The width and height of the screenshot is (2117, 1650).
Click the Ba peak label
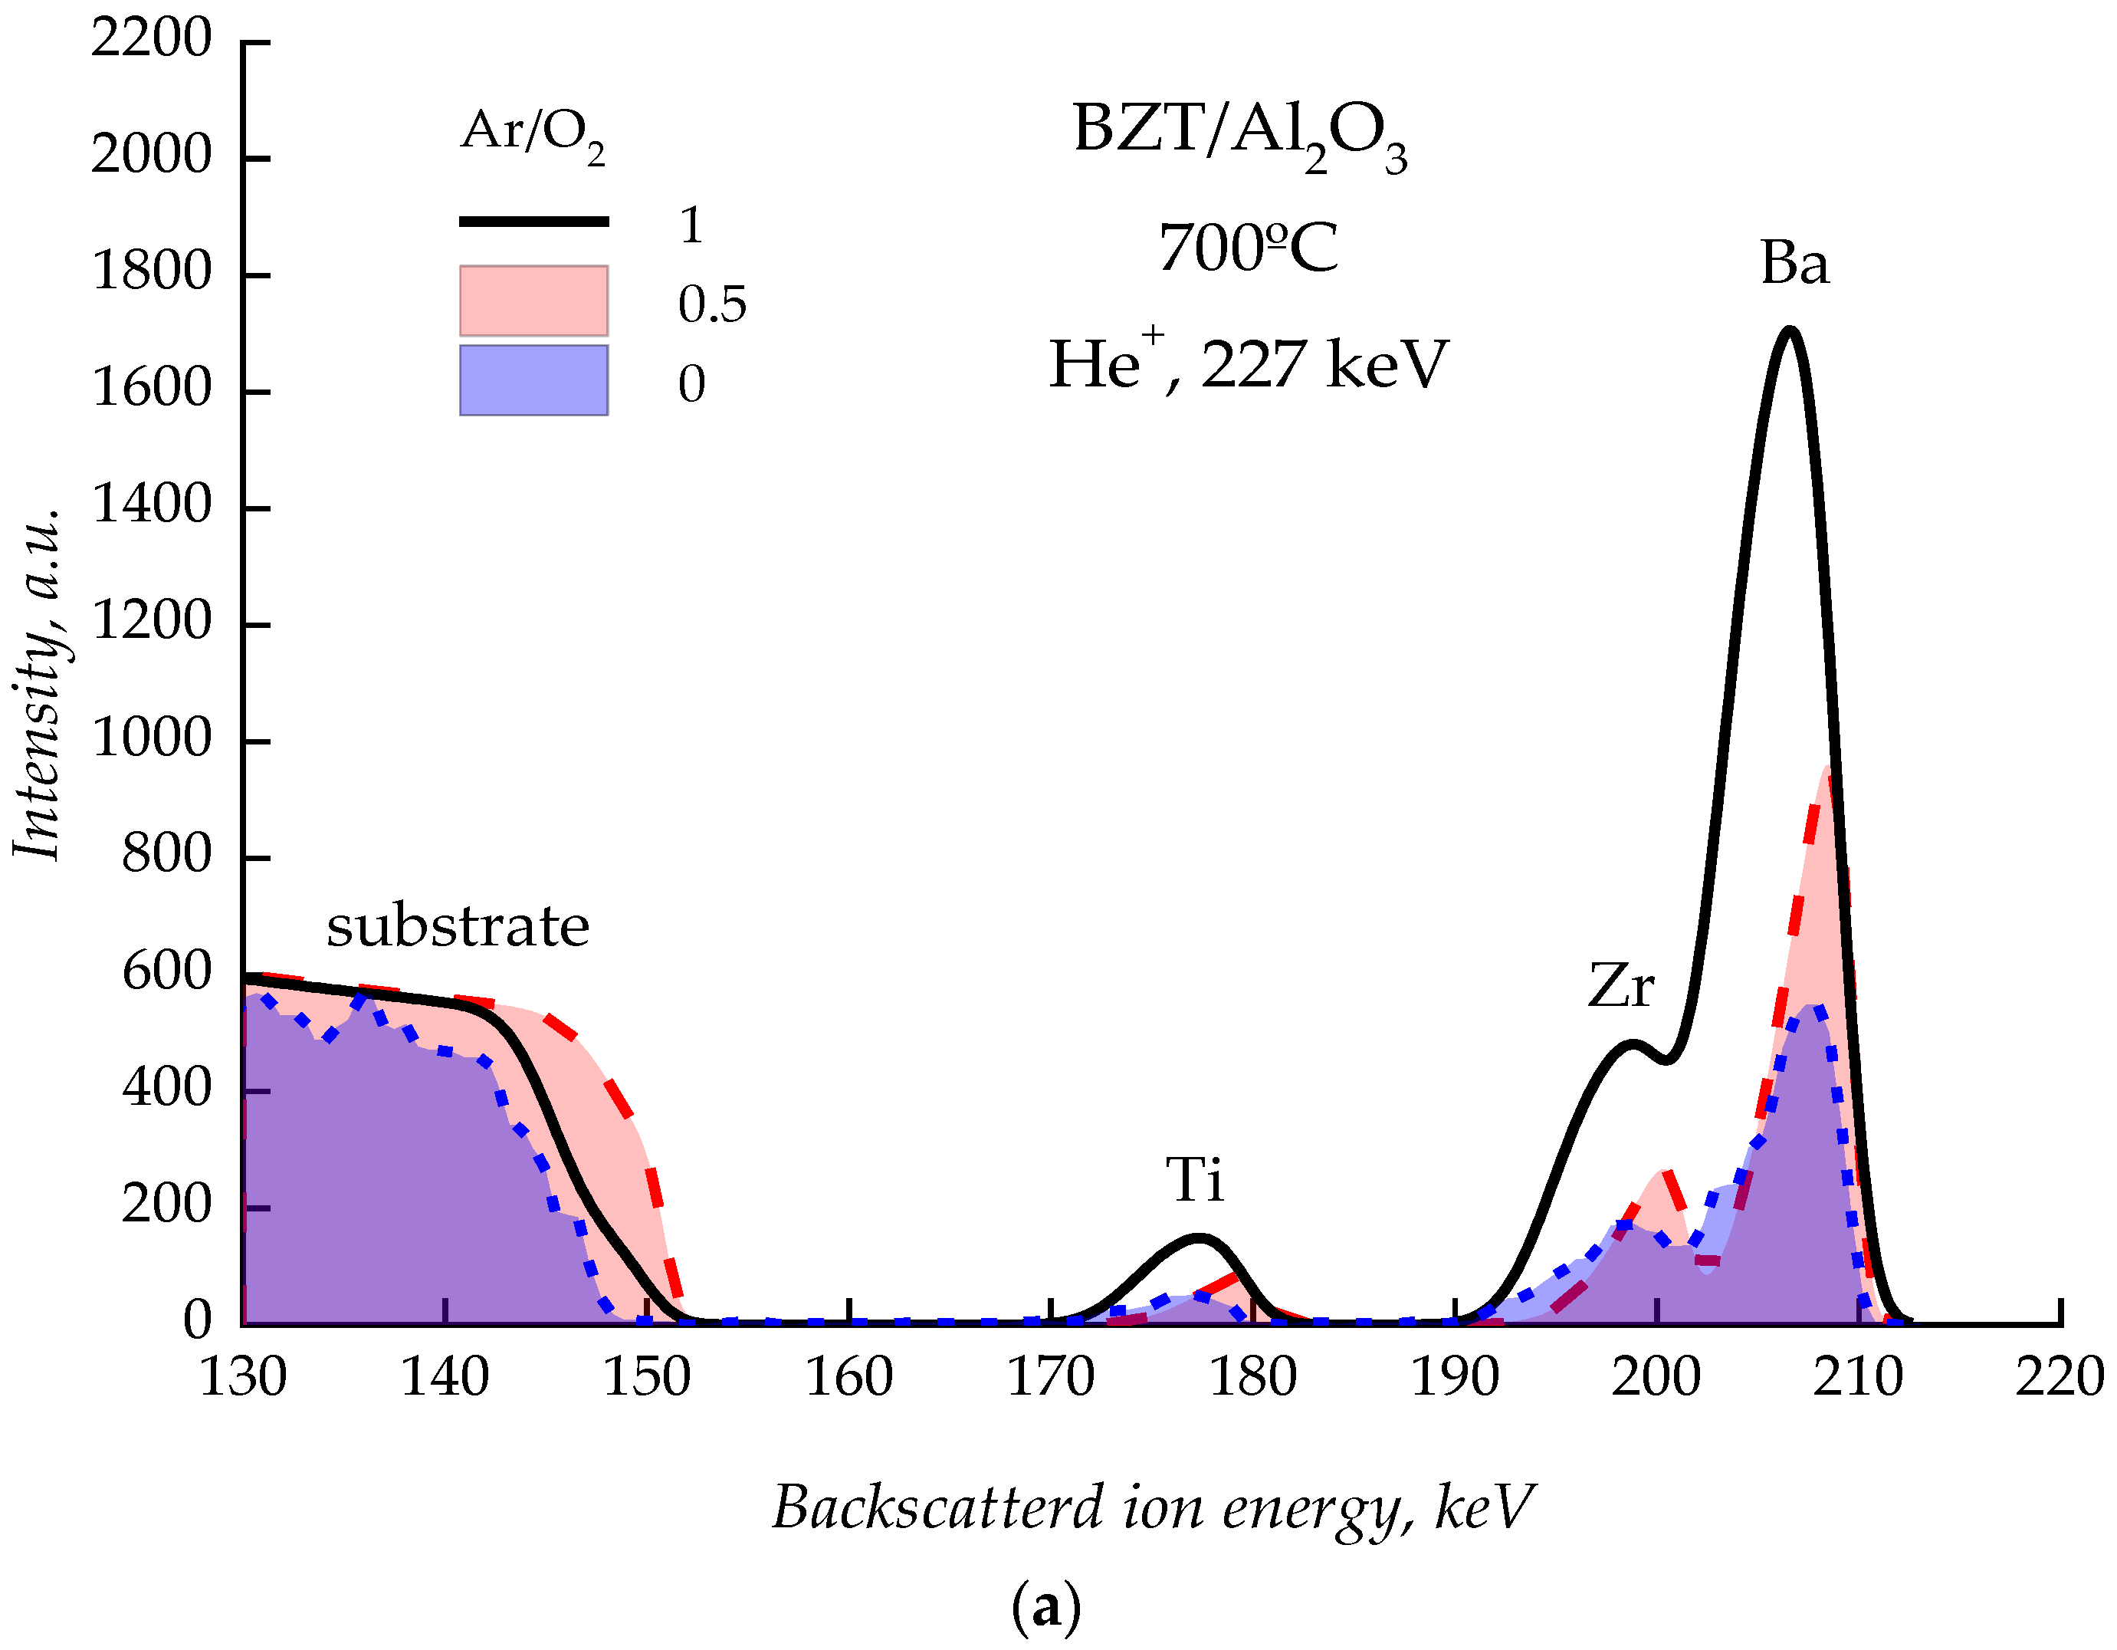[1794, 264]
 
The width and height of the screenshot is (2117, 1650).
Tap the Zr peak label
[1620, 987]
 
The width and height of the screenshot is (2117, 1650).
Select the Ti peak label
[1194, 1180]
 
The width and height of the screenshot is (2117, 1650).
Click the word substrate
[458, 925]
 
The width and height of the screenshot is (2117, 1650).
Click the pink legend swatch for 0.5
[533, 301]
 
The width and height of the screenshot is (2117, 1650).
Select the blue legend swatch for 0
[533, 380]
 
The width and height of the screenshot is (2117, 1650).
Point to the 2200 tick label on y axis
[151, 41]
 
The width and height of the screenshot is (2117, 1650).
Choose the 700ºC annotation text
[1248, 248]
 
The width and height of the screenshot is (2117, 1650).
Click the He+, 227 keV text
[1248, 363]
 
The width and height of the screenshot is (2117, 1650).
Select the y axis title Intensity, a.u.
[39, 683]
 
